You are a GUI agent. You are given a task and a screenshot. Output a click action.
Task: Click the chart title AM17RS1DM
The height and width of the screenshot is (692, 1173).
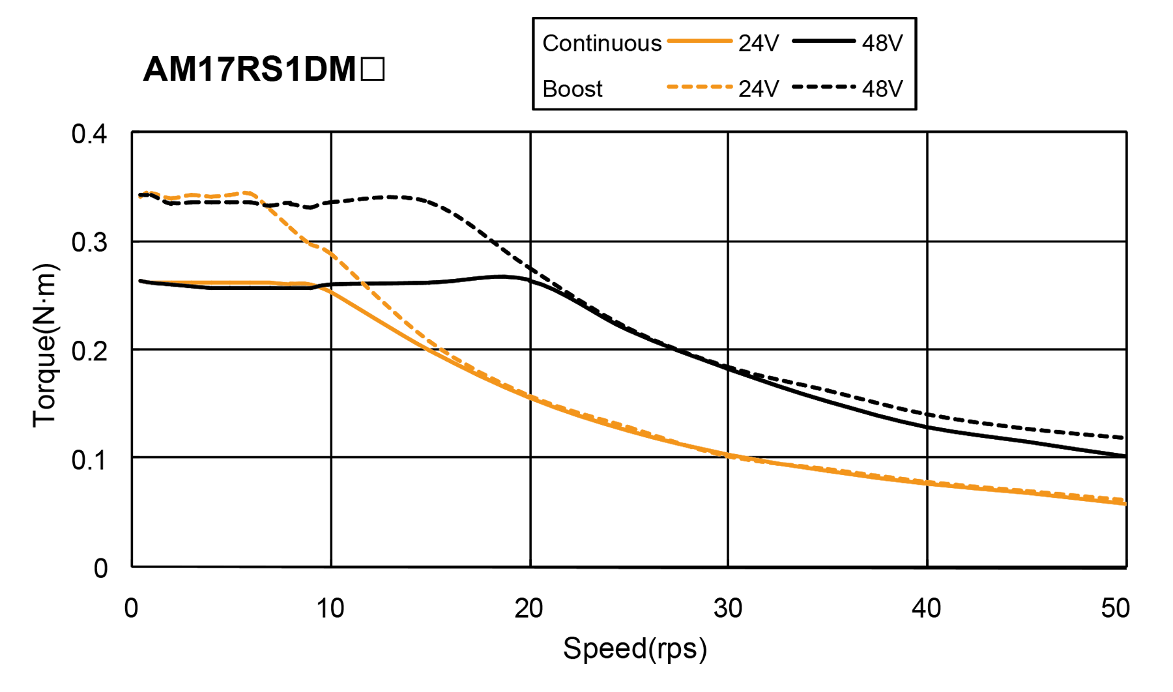pyautogui.click(x=250, y=69)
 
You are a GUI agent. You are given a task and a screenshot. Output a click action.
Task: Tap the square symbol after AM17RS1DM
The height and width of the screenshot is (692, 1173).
pyautogui.click(x=372, y=69)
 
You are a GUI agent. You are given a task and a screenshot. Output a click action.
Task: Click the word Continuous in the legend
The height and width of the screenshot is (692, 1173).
pyautogui.click(x=601, y=44)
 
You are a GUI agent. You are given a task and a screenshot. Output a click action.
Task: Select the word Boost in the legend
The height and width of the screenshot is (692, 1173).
pyautogui.click(x=572, y=89)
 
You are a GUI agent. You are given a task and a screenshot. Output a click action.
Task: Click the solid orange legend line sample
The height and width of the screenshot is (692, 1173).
pyautogui.click(x=699, y=41)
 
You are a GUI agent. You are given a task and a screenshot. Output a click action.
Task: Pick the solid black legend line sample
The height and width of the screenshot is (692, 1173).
pyautogui.click(x=824, y=41)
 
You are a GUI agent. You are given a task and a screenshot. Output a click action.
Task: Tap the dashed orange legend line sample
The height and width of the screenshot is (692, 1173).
pyautogui.click(x=699, y=87)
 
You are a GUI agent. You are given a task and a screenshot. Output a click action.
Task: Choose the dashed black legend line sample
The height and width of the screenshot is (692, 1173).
pyautogui.click(x=824, y=87)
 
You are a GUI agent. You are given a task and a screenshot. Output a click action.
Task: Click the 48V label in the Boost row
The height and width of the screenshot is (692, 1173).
pyautogui.click(x=882, y=89)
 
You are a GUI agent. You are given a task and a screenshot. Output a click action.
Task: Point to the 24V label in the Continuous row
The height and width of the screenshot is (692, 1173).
pyautogui.click(x=759, y=44)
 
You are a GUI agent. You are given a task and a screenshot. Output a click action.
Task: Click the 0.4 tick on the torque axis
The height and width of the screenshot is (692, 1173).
pyautogui.click(x=89, y=134)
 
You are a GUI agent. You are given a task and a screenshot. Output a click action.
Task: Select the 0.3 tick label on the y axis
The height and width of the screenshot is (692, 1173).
pyautogui.click(x=89, y=243)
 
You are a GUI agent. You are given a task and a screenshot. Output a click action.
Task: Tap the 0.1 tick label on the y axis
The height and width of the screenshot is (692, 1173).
pyautogui.click(x=89, y=460)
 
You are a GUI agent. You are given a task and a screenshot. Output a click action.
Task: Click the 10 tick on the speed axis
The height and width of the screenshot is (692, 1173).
pyautogui.click(x=330, y=609)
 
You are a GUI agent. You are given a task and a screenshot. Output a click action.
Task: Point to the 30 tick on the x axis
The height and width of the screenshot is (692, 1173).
pyautogui.click(x=728, y=609)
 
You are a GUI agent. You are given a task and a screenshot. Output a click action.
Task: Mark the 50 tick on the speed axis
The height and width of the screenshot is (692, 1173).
pyautogui.click(x=1115, y=609)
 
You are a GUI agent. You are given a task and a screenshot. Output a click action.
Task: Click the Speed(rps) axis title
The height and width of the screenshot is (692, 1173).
pyautogui.click(x=635, y=649)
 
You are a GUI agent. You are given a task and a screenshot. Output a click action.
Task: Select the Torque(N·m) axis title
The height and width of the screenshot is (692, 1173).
pyautogui.click(x=46, y=345)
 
